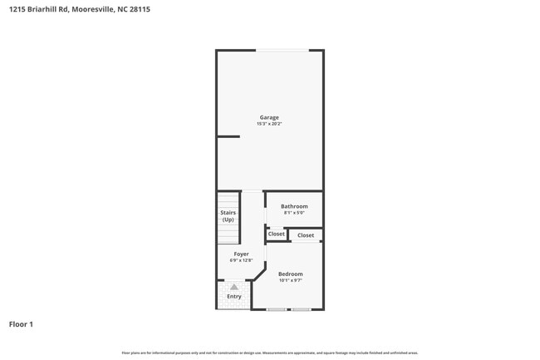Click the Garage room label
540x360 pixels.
[x=269, y=117]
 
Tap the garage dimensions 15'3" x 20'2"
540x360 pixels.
[x=269, y=124]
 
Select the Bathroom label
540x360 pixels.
[x=294, y=206]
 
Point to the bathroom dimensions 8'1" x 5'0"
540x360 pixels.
[x=294, y=213]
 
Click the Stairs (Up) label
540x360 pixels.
[x=228, y=216]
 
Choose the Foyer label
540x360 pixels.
[x=241, y=254]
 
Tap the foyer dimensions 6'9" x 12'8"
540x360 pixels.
[x=241, y=260]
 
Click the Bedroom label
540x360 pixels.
[x=291, y=274]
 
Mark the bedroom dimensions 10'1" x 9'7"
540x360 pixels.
[x=291, y=281]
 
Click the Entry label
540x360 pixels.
[x=234, y=296]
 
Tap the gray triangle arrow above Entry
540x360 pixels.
[x=234, y=287]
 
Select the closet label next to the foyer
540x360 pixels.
[x=277, y=234]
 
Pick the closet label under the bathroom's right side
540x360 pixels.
[x=306, y=235]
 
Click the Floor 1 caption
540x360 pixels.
[x=21, y=323]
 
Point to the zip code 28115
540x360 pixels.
[x=140, y=9]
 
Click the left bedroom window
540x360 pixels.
[x=277, y=310]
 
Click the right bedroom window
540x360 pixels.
[x=301, y=310]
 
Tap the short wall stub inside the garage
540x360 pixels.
[x=228, y=136]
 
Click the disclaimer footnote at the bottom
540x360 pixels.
[x=269, y=353]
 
